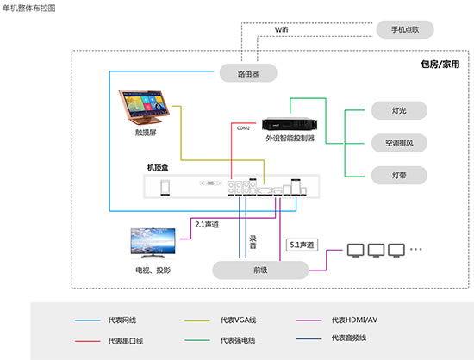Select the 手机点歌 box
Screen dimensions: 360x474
coord(402,29)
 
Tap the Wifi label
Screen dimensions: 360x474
coord(282,29)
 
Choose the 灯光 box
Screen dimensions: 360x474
coord(386,110)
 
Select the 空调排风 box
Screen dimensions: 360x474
coord(386,142)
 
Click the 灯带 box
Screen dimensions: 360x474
coord(386,174)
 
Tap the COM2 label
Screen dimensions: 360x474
coord(243,128)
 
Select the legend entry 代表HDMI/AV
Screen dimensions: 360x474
coord(353,320)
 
